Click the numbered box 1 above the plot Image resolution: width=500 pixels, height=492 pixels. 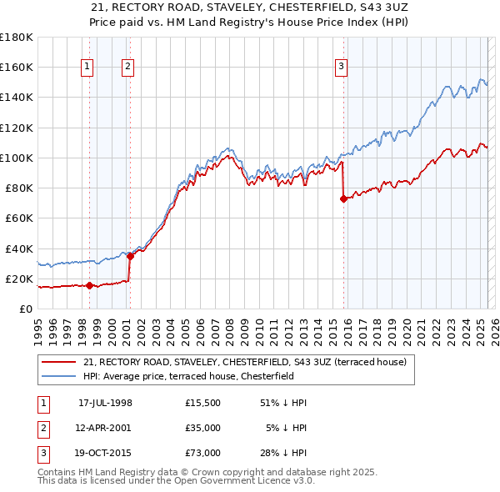pos(87,68)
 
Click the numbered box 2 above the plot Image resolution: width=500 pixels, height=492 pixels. pos(127,68)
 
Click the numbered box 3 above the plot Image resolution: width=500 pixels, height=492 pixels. pos(342,68)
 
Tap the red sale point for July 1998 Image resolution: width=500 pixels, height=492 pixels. pos(89,286)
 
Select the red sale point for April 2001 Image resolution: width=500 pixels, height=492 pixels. pos(129,256)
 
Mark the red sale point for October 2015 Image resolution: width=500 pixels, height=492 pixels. pos(343,198)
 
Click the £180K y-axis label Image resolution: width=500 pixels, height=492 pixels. pos(17,38)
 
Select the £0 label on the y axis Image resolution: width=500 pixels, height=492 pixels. pos(25,309)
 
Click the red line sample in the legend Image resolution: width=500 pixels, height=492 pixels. pos(59,362)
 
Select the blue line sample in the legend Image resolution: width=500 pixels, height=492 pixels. pos(59,376)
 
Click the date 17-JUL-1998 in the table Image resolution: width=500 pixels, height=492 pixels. pos(105,403)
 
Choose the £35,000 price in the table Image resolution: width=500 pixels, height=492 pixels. pos(203,428)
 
